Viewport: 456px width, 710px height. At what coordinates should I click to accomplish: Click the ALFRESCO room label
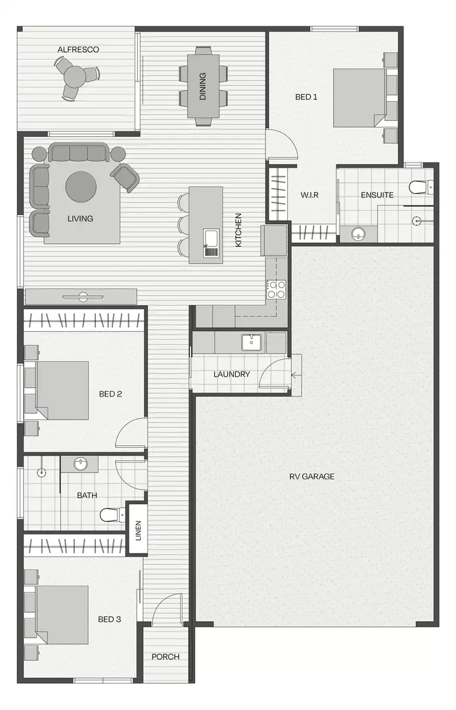(78, 49)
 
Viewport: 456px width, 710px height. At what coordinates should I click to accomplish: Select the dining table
(203, 85)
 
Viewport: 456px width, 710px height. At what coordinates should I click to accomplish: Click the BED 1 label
(306, 97)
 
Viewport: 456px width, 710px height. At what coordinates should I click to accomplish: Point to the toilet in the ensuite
(419, 187)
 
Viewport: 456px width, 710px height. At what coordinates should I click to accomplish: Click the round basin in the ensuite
(358, 233)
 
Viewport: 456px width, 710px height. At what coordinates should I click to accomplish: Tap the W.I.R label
(310, 195)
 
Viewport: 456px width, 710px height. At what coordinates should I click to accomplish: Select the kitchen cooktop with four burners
(277, 289)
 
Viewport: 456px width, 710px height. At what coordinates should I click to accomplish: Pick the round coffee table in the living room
(81, 187)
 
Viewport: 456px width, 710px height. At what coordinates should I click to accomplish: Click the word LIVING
(80, 218)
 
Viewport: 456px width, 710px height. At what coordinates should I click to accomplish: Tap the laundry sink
(250, 342)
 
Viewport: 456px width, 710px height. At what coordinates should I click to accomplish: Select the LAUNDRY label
(231, 375)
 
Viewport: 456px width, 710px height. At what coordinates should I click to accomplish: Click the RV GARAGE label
(312, 476)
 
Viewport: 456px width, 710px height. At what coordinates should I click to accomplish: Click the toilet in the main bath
(109, 514)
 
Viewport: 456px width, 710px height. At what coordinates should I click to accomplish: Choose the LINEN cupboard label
(138, 529)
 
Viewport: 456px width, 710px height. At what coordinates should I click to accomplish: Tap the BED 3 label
(110, 619)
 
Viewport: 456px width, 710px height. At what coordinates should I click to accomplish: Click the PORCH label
(165, 657)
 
